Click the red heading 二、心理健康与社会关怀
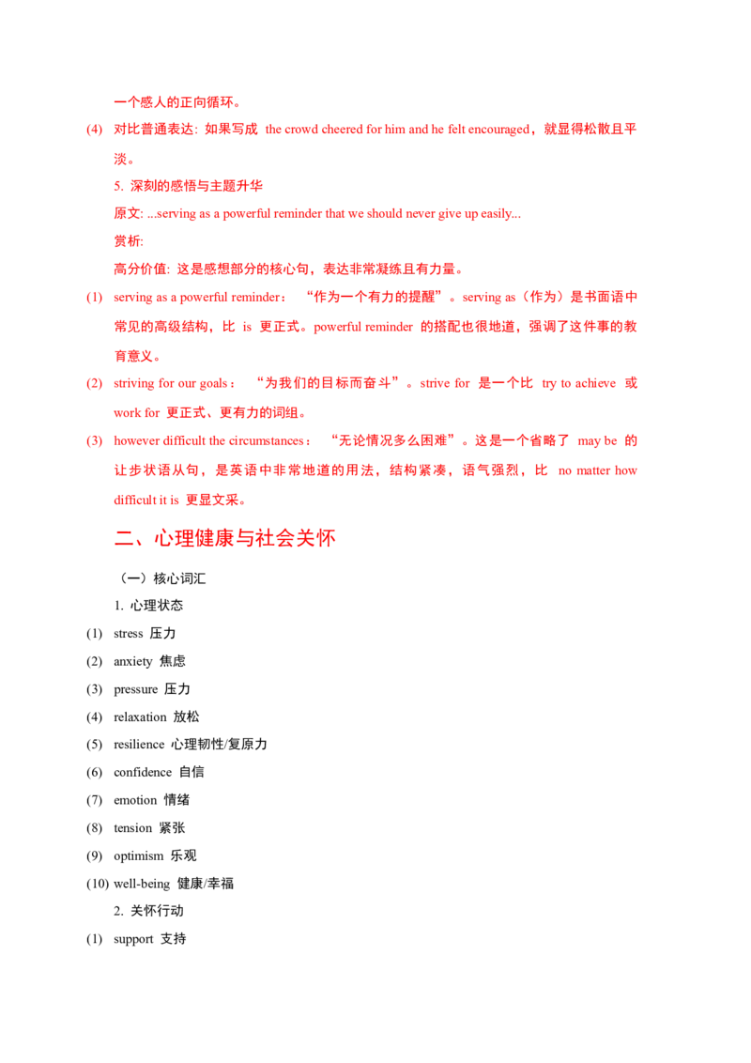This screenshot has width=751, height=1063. (225, 538)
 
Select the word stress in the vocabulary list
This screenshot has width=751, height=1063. (128, 634)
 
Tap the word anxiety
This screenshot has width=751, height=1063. (133, 662)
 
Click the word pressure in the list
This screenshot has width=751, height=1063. (135, 689)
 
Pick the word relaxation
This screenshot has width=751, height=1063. (140, 717)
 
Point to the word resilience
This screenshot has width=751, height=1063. (139, 745)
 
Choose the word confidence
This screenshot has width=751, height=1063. (143, 772)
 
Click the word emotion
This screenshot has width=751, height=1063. (135, 801)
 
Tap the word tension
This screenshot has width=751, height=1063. (133, 828)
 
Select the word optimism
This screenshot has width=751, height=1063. (138, 856)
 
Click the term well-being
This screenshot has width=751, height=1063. (142, 884)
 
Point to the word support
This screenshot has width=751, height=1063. (133, 940)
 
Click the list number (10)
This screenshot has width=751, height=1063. (98, 884)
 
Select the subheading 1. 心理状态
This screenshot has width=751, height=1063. (148, 606)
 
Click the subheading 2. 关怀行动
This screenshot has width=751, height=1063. (148, 911)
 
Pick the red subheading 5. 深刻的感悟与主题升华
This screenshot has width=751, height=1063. (189, 186)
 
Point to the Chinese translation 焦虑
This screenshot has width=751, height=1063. (172, 662)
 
